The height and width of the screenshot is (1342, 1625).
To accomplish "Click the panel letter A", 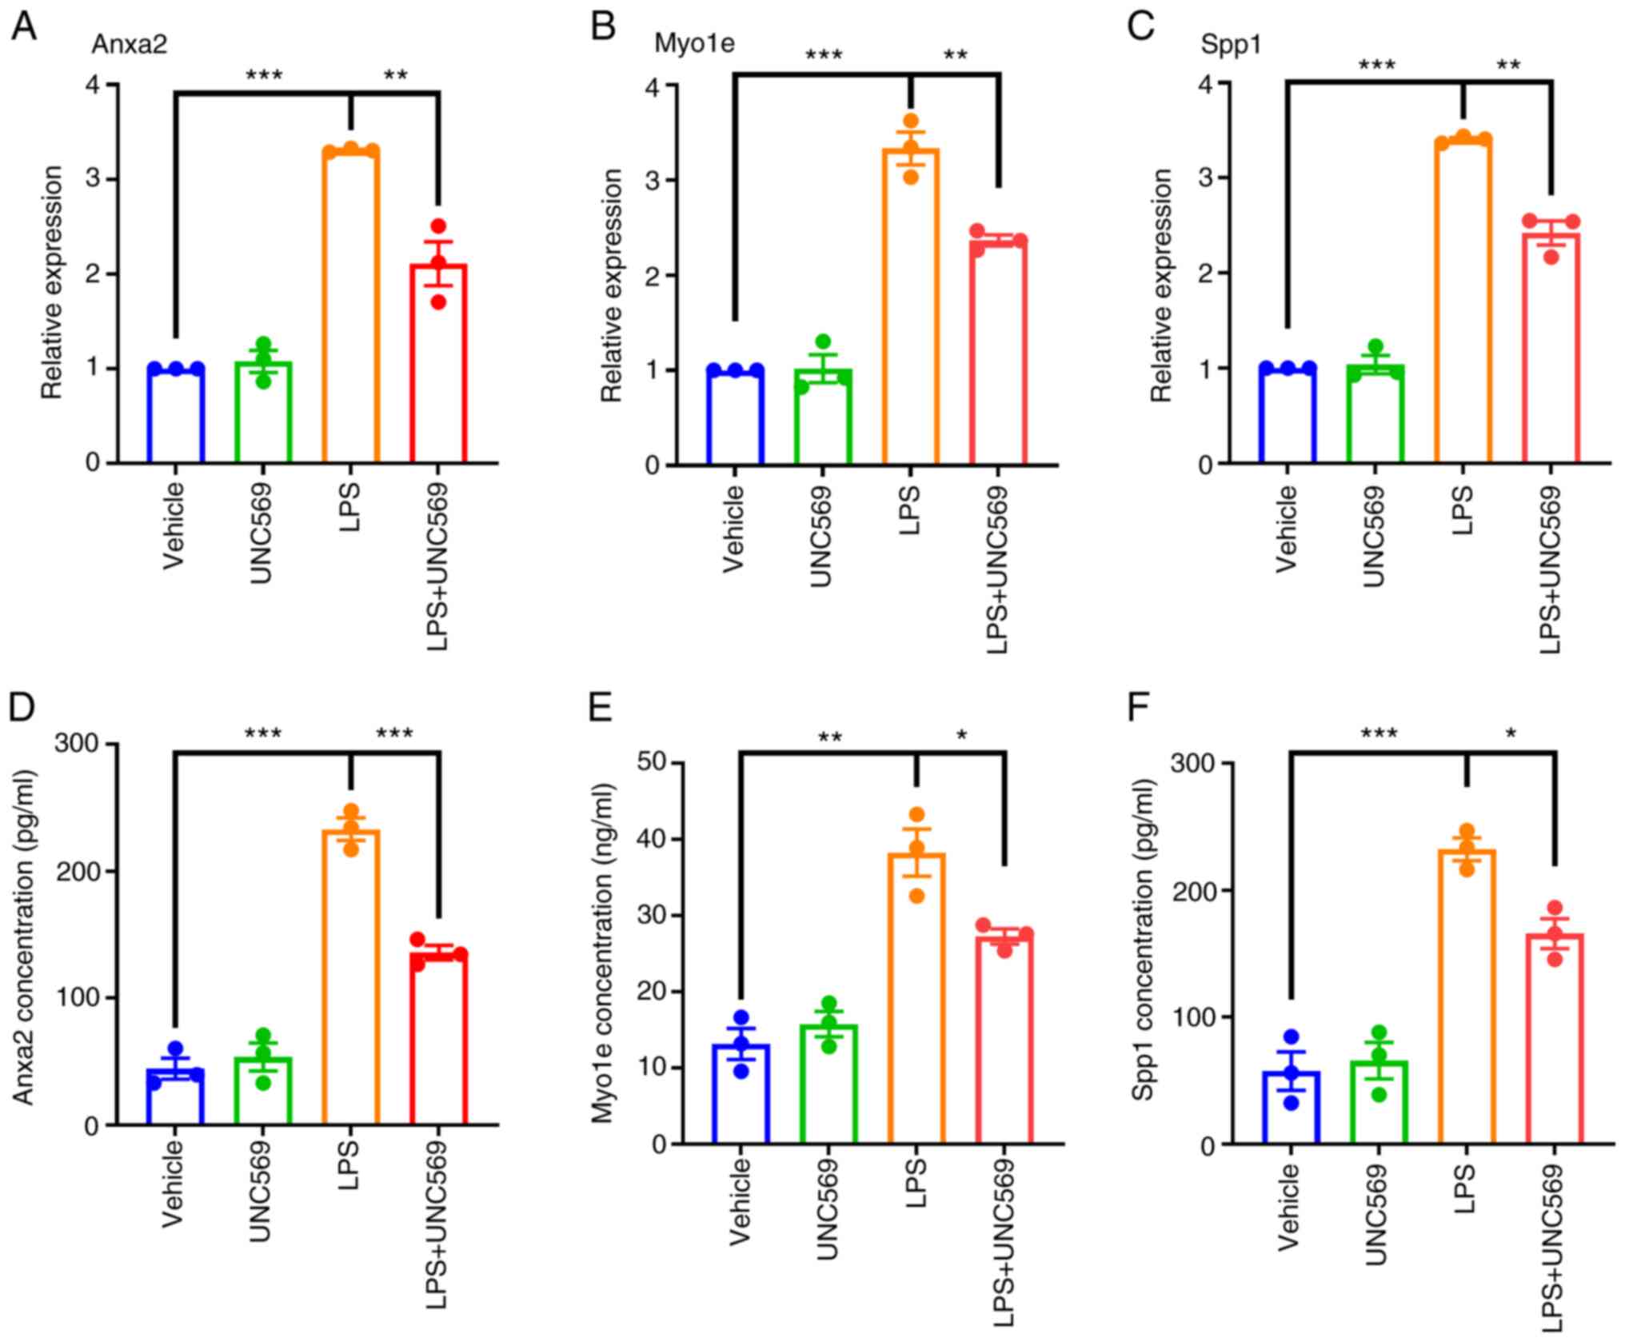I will [x=23, y=28].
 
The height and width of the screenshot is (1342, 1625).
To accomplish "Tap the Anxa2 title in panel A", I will [x=130, y=44].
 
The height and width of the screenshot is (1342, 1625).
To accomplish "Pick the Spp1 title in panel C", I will [x=1231, y=45].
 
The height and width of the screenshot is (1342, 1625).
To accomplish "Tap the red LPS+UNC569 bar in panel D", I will [x=438, y=1040].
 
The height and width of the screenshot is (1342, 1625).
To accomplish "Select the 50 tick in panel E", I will [x=653, y=762].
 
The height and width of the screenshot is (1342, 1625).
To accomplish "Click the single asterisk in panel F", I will [x=1511, y=734].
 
